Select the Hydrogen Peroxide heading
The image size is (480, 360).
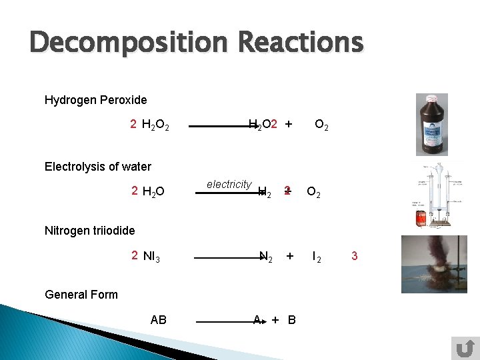click(95, 100)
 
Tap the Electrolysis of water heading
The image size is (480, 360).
click(97, 167)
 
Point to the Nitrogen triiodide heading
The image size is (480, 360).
click(89, 231)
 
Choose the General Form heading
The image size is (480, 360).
click(81, 295)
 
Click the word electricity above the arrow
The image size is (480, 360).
click(229, 185)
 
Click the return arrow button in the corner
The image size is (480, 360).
click(464, 348)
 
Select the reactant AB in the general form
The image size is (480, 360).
click(159, 320)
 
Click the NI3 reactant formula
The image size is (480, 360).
click(151, 257)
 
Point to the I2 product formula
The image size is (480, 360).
click(317, 257)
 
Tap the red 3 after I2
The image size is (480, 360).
click(354, 256)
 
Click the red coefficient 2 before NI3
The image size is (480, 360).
click(134, 255)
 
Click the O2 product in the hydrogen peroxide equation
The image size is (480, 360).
click(321, 125)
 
